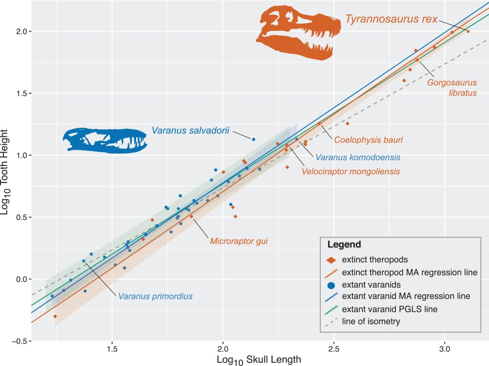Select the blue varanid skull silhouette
105,139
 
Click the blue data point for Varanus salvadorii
254,139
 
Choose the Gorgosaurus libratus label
452,88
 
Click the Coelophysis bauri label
368,140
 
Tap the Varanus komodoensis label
356,157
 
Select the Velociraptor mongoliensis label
350,171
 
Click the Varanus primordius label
156,296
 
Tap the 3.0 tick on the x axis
445,349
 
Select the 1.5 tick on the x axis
112,349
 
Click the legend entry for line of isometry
371,322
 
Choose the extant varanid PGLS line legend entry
389,309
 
